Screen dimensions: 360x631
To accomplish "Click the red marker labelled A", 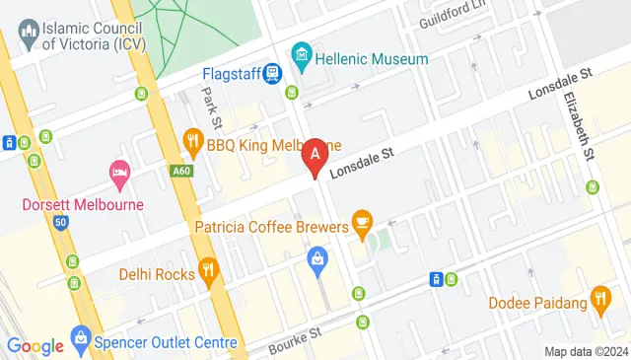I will pos(315,154).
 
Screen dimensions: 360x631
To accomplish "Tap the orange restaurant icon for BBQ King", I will pos(192,144).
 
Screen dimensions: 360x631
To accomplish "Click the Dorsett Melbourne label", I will pos(83,205).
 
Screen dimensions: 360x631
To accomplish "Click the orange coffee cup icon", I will pos(362,220).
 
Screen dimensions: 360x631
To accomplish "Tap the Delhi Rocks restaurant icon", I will pos(208,270).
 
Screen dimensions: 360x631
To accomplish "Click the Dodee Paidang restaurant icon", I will pos(600,297).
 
